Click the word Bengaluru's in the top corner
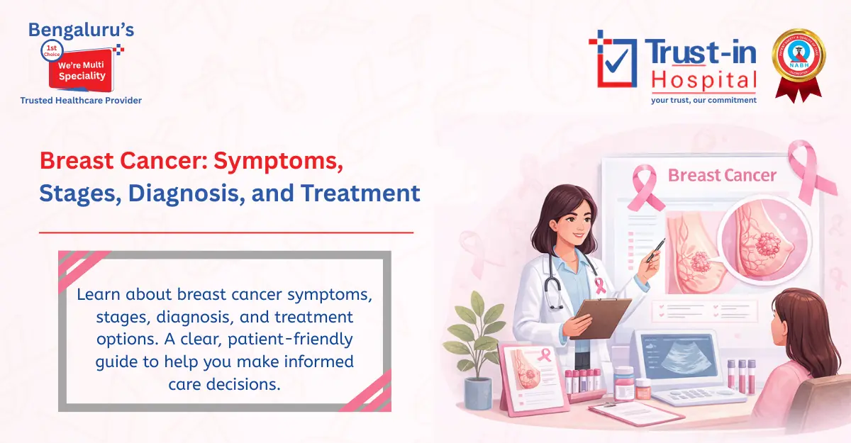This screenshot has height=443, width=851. click(x=80, y=30)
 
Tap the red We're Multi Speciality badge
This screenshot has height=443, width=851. click(x=77, y=69)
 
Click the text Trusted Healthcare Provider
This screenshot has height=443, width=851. click(x=81, y=101)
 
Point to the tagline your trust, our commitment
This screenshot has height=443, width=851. click(x=703, y=100)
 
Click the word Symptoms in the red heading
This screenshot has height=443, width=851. click(x=279, y=161)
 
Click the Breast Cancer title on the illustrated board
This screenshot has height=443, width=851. click(x=722, y=175)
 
